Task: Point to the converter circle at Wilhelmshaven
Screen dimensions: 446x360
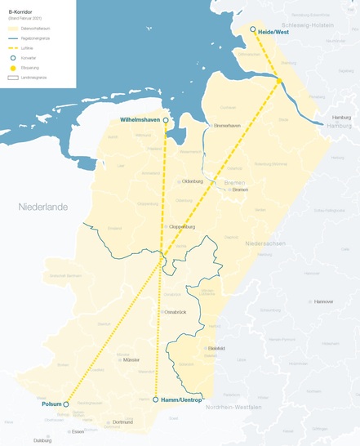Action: pos(166,119)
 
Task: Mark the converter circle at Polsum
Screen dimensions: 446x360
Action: pos(66,404)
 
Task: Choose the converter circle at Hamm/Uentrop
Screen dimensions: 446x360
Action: pos(155,399)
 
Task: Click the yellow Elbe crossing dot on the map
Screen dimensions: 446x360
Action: pos(279,81)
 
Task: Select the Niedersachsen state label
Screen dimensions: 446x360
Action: pos(267,243)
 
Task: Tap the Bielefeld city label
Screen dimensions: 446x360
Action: pos(216,349)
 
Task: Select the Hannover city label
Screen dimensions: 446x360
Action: pos(323,301)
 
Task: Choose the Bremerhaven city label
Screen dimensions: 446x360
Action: pos(228,125)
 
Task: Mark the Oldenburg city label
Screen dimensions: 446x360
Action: pos(192,181)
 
